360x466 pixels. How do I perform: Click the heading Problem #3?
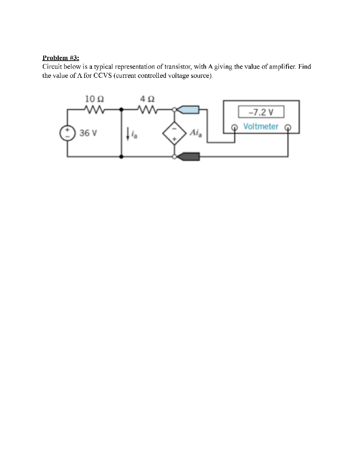61,58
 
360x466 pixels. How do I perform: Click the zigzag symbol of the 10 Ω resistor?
95,109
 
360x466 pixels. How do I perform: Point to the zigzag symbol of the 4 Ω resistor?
148,109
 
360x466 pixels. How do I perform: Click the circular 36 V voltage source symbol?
68,133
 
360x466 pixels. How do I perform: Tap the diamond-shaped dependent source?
175,133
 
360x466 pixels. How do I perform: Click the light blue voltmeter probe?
188,109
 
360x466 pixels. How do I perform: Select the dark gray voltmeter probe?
188,157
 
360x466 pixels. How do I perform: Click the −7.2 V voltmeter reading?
261,112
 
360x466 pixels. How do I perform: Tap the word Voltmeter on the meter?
261,126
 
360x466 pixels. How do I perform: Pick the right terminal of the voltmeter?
287,127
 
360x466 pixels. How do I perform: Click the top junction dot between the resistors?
122,109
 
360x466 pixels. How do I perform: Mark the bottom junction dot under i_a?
122,157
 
